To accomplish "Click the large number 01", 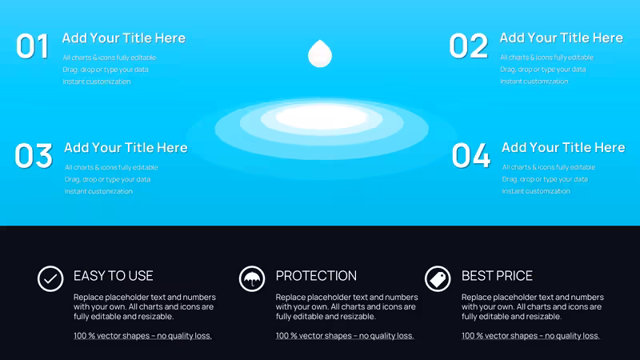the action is click(x=33, y=46).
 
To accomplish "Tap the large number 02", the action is click(x=469, y=46).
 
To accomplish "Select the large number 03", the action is click(x=34, y=155).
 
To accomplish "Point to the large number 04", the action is click(x=471, y=155).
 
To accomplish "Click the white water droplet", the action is click(x=320, y=54).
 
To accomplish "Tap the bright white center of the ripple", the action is click(x=322, y=117).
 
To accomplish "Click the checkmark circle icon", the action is click(x=50, y=278).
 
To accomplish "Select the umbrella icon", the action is click(x=252, y=278).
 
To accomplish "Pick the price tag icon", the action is click(x=438, y=278).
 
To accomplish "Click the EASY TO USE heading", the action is click(x=114, y=276).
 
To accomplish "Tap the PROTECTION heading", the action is click(x=316, y=276).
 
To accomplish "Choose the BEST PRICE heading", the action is click(x=497, y=276).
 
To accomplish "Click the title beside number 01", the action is click(x=124, y=38).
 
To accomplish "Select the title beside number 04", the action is click(x=563, y=147).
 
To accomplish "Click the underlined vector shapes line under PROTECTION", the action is click(x=345, y=336).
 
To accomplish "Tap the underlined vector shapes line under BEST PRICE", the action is click(x=530, y=336).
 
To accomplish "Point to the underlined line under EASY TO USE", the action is click(x=142, y=336).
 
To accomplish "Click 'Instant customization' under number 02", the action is click(x=534, y=82).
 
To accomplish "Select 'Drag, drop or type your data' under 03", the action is click(x=107, y=179).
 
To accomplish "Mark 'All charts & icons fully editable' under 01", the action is click(x=110, y=58).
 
